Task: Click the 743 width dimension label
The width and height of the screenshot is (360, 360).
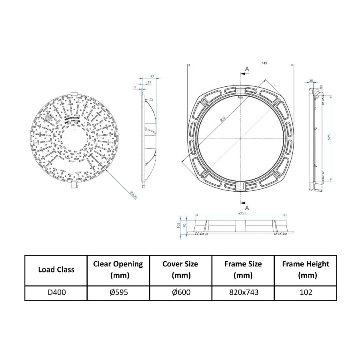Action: point(264,63)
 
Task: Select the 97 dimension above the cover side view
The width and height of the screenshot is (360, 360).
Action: point(152,76)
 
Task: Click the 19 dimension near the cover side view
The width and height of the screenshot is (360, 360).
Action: point(149,82)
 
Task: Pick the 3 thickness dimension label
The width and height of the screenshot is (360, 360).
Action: point(135,86)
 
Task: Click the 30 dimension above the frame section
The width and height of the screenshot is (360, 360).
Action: point(311,81)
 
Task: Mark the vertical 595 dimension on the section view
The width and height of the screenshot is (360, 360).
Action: point(329,137)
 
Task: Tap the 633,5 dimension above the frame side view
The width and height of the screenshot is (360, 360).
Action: point(242,214)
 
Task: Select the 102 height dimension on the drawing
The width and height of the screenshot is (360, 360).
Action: point(179,225)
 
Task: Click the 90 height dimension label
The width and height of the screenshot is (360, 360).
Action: point(184,225)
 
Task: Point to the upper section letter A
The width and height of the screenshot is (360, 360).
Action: point(247,69)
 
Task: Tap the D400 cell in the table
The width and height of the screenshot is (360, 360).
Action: point(56,292)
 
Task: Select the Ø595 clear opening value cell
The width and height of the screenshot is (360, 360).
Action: point(118,292)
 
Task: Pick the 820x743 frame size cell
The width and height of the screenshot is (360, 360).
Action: point(243,292)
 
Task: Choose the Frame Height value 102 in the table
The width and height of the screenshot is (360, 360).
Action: point(305,292)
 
